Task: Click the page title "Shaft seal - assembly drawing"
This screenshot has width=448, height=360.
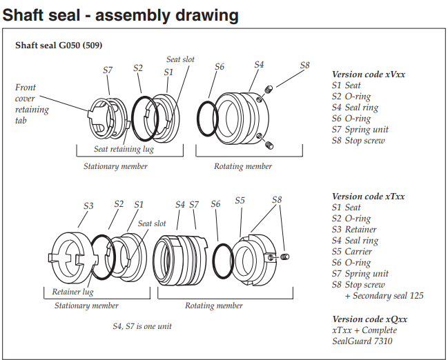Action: click(121, 14)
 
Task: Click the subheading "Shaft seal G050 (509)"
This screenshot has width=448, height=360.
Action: click(59, 46)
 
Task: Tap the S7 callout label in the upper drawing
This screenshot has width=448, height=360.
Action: click(108, 70)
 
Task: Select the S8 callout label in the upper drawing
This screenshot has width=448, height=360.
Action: click(304, 66)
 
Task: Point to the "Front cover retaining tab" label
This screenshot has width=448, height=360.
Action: click(32, 104)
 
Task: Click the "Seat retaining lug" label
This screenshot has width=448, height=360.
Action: click(124, 149)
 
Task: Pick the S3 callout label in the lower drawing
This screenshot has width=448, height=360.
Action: click(89, 206)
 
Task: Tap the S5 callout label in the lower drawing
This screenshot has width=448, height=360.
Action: click(240, 201)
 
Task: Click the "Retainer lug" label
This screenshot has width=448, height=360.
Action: click(72, 292)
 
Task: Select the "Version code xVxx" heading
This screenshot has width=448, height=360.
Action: click(368, 74)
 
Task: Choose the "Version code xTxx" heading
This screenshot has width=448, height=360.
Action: click(368, 197)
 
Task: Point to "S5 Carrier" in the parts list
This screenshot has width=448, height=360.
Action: click(355, 252)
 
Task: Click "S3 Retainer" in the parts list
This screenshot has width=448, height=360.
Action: click(357, 230)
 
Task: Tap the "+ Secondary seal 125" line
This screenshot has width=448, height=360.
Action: click(384, 296)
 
